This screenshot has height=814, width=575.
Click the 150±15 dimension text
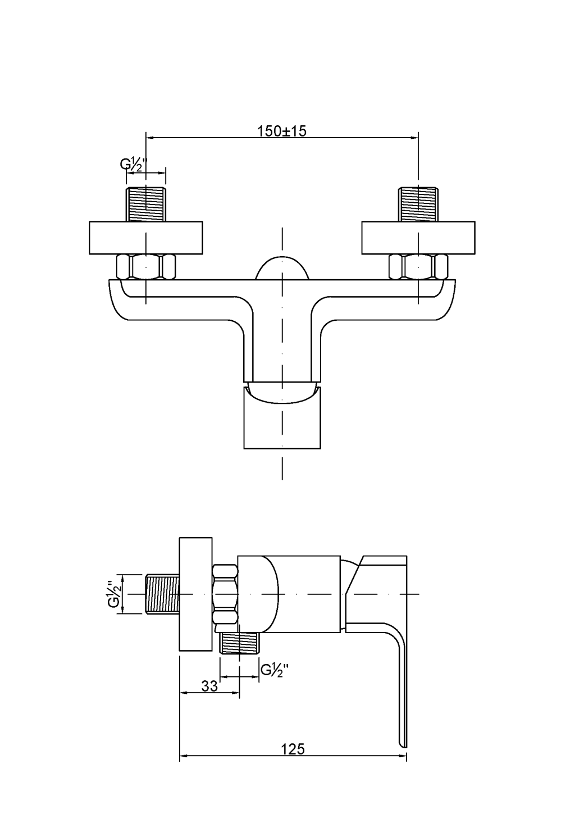[x=282, y=131]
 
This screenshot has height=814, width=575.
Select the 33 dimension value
[x=209, y=686]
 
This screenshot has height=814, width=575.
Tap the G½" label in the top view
[x=133, y=164]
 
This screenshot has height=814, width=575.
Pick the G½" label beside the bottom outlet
[x=275, y=669]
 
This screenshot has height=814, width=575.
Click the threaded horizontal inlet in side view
[x=162, y=594]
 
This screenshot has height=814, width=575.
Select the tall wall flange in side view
[x=195, y=594]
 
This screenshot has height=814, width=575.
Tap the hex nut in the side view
[x=226, y=594]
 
